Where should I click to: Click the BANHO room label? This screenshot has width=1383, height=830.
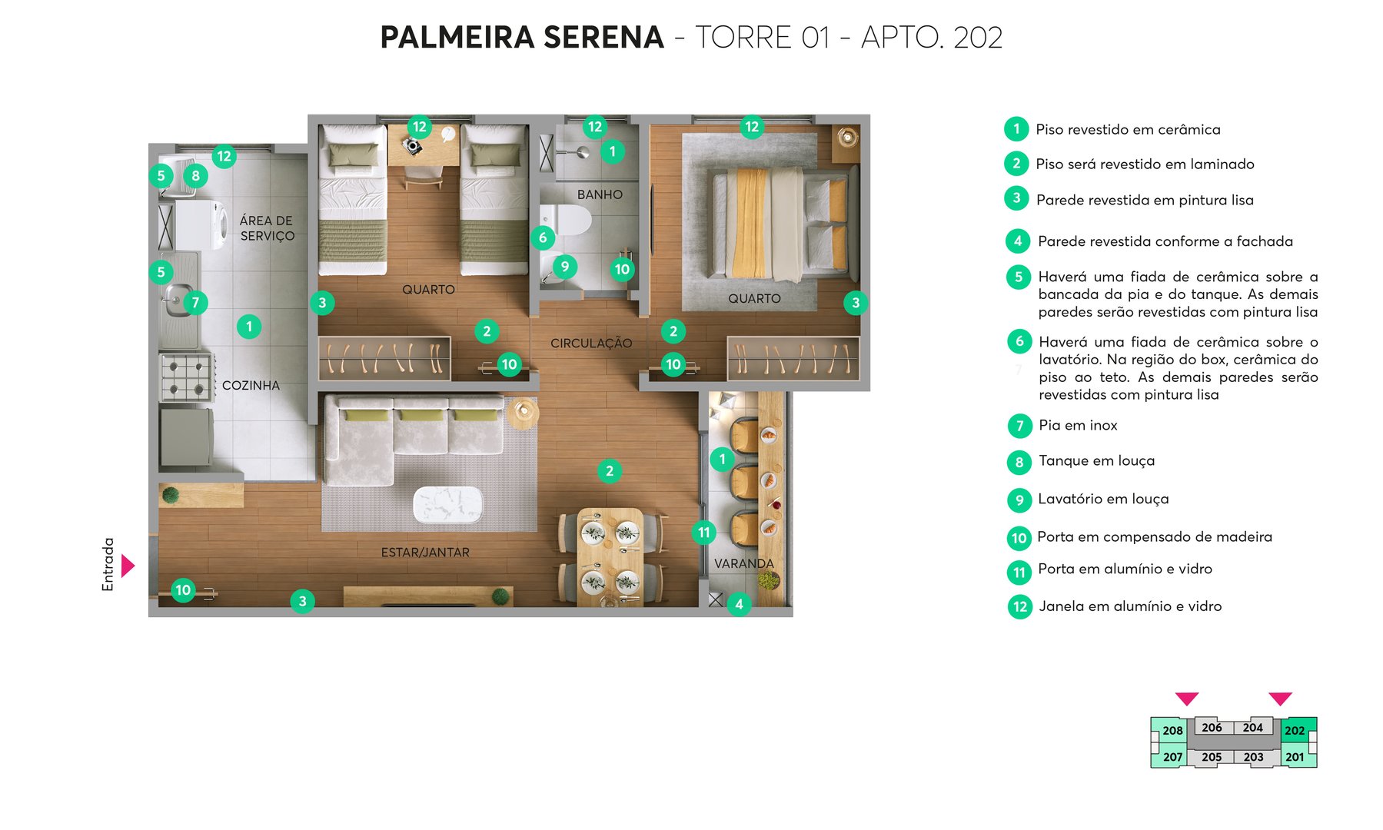click(x=600, y=194)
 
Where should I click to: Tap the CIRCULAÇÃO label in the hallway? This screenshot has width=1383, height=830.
click(x=590, y=344)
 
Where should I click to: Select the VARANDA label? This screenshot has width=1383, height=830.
click(x=743, y=563)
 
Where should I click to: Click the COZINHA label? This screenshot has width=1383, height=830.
click(x=251, y=385)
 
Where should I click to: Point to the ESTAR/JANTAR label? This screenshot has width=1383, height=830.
click(x=425, y=553)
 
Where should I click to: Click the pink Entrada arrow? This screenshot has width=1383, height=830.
click(x=128, y=566)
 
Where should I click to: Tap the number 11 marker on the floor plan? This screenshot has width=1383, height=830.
click(x=703, y=532)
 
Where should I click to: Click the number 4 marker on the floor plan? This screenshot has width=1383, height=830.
click(x=739, y=604)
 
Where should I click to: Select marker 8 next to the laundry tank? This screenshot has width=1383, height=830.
click(x=195, y=175)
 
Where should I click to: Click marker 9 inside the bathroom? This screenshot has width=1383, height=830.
click(x=564, y=267)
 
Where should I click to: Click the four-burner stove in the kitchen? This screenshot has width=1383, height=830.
click(x=185, y=377)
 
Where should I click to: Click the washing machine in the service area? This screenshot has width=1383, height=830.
click(x=202, y=224)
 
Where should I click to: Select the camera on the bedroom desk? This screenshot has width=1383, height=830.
click(x=414, y=146)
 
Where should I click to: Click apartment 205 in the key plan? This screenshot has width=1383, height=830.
click(x=1212, y=757)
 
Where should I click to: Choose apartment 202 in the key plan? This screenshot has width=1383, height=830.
click(x=1295, y=730)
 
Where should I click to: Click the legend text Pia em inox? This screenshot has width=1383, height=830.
click(x=1078, y=425)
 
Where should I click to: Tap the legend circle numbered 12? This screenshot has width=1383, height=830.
click(x=1019, y=606)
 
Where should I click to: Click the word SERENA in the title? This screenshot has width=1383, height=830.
click(x=603, y=37)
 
